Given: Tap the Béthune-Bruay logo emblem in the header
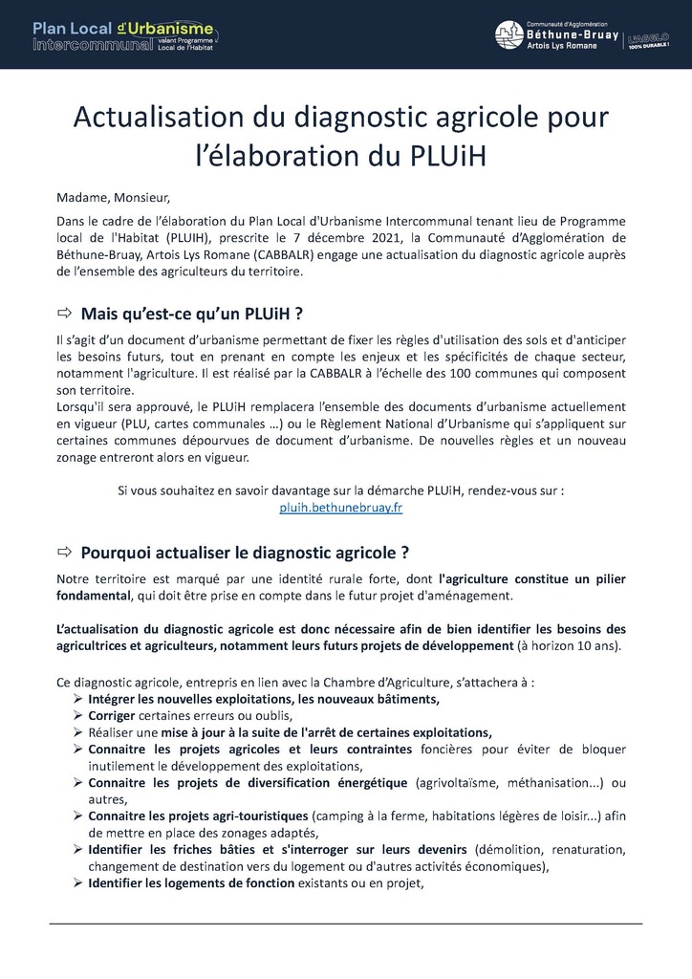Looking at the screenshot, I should [508, 35].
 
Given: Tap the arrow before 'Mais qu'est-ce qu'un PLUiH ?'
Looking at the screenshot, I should [65, 314].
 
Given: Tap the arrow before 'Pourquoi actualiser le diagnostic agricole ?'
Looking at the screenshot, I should [65, 552].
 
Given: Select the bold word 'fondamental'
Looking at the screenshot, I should [93, 596].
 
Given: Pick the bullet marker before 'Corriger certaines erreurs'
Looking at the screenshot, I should [78, 716].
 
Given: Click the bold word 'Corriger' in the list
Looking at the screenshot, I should [112, 716].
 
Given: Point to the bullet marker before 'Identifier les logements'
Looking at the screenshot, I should [78, 884].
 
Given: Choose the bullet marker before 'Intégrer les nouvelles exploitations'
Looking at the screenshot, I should [78, 700].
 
